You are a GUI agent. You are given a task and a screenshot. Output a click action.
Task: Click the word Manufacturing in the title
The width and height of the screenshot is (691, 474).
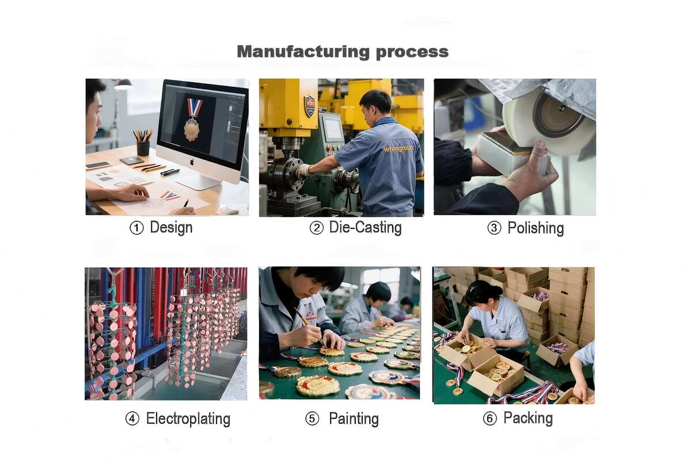tap(303, 52)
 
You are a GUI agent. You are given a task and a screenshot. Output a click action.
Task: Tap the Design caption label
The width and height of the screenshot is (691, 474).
tap(171, 228)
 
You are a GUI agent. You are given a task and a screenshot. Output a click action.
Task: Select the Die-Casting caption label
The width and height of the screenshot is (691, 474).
tap(366, 227)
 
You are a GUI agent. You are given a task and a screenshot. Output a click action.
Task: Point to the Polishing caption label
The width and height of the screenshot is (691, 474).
tap(536, 228)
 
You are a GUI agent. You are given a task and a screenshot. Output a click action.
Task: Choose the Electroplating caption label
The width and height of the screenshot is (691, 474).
tap(188, 419)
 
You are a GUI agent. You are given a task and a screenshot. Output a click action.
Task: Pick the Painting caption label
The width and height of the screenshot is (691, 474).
tap(354, 419)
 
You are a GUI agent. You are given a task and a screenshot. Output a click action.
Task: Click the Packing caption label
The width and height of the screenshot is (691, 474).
tap(528, 419)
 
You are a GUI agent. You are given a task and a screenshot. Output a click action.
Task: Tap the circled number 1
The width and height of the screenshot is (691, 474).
tap(136, 228)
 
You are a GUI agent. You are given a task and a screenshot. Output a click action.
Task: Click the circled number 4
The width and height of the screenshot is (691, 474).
tap(132, 419)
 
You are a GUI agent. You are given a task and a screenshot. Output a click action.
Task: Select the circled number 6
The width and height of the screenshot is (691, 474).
tap(490, 419)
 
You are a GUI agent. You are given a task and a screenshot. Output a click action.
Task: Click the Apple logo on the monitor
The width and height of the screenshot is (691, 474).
tap(192, 162)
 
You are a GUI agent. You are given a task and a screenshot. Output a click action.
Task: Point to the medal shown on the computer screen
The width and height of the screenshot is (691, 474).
tap(192, 120)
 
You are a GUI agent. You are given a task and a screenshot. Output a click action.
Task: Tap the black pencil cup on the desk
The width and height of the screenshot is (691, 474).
tap(143, 148)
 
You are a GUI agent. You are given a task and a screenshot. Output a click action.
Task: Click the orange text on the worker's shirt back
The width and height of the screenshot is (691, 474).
tap(398, 149)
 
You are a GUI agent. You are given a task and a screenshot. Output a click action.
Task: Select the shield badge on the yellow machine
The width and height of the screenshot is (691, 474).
tap(310, 106)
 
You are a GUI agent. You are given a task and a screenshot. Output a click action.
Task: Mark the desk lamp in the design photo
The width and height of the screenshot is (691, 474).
tap(122, 85)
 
